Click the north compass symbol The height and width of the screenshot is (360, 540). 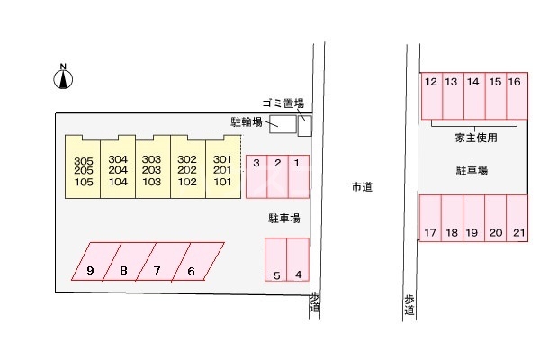(63, 78)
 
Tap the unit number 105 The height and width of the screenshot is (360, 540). (84, 182)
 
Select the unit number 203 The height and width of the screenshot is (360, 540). (153, 171)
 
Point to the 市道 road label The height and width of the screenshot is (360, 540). (362, 187)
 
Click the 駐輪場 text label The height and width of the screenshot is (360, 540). (246, 121)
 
